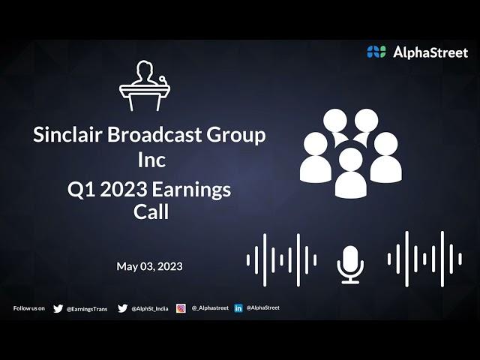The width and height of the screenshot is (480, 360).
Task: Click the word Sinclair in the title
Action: [67, 134]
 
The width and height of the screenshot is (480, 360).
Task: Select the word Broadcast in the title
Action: [154, 134]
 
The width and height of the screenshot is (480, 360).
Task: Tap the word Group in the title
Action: [236, 136]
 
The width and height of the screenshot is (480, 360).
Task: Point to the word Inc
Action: [151, 160]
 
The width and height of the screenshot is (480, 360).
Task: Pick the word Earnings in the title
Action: [191, 190]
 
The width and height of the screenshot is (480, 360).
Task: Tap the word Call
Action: [151, 211]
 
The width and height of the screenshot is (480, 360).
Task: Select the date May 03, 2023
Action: [149, 266]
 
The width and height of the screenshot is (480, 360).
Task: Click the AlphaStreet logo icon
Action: [376, 52]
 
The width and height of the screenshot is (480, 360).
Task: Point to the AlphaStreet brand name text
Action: [430, 52]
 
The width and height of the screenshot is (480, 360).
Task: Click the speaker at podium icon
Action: [145, 85]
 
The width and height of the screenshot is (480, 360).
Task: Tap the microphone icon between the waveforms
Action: [350, 265]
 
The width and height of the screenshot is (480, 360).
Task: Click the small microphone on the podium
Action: [162, 80]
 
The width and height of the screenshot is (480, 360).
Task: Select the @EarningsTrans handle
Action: [87, 309]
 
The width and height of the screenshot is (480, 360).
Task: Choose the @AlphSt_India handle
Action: [150, 309]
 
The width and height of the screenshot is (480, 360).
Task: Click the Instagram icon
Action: [181, 308]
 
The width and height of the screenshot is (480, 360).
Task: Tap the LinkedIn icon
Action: [238, 308]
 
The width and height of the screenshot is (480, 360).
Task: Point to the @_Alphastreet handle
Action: [210, 308]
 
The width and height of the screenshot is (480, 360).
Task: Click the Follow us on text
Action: [29, 308]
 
